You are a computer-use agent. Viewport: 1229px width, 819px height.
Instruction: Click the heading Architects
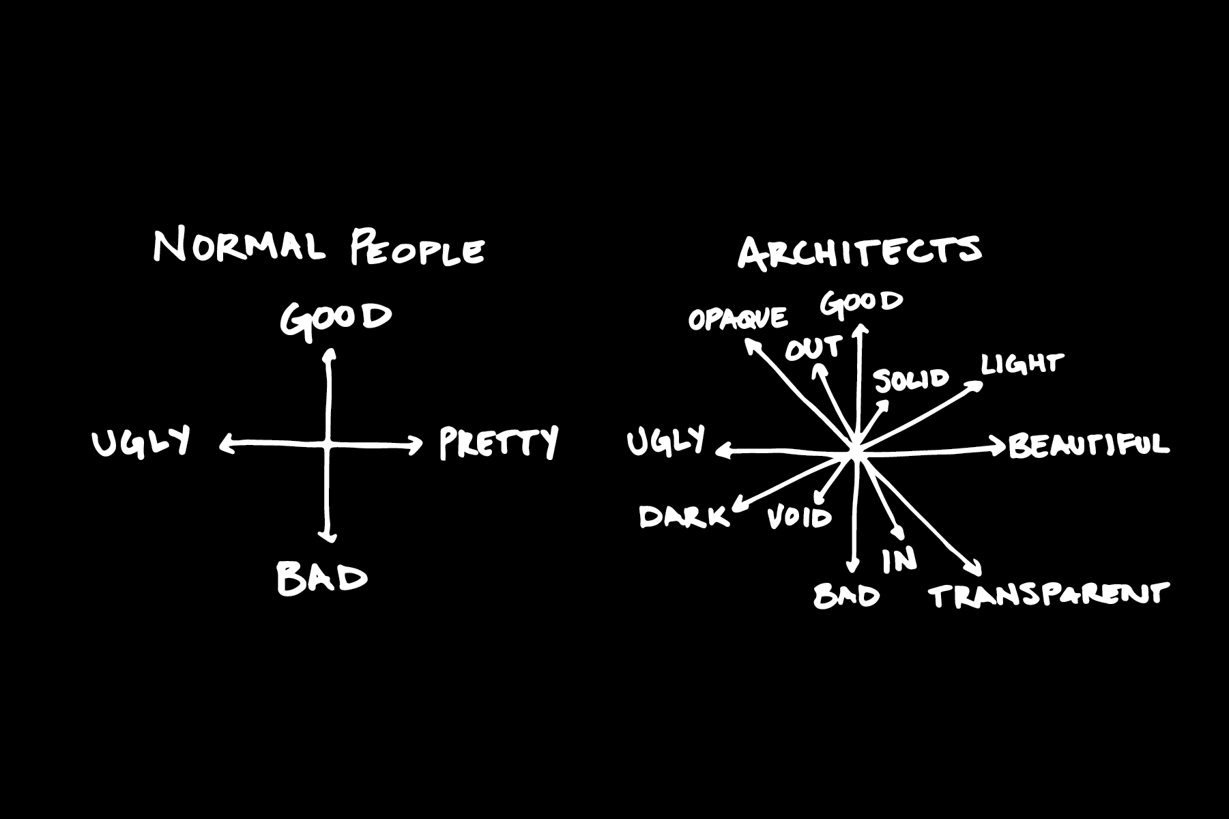pyautogui.click(x=860, y=251)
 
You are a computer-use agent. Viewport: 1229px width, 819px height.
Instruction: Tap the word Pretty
pyautogui.click(x=499, y=443)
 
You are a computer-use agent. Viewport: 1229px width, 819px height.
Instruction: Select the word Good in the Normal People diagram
pyautogui.click(x=336, y=319)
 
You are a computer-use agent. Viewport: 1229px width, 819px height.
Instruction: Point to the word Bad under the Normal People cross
pyautogui.click(x=322, y=577)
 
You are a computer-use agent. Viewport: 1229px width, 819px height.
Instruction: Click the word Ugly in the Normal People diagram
pyautogui.click(x=141, y=442)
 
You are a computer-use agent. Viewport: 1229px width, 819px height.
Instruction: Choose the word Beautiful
pyautogui.click(x=1089, y=445)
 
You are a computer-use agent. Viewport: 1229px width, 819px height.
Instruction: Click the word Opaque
pyautogui.click(x=738, y=319)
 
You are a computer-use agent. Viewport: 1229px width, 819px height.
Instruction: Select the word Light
pyautogui.click(x=1022, y=364)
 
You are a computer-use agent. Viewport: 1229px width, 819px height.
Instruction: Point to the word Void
pyautogui.click(x=800, y=518)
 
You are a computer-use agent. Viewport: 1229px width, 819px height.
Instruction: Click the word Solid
pyautogui.click(x=912, y=379)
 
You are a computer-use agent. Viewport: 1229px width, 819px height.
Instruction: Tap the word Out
pyautogui.click(x=812, y=349)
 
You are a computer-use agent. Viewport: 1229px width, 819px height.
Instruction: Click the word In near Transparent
pyautogui.click(x=899, y=560)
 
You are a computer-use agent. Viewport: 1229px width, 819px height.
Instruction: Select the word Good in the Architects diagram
pyautogui.click(x=862, y=303)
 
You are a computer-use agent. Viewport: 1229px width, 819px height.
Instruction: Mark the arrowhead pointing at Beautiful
pyautogui.click(x=1001, y=448)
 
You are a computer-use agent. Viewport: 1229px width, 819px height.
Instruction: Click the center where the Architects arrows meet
pyautogui.click(x=856, y=451)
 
